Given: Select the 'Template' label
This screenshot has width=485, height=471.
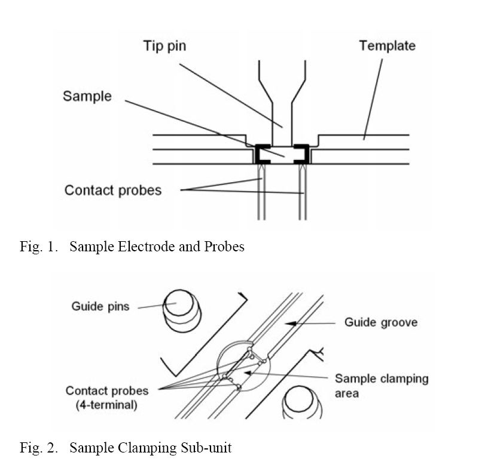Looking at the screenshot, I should [387, 45].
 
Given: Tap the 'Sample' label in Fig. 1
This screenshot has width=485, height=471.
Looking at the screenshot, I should [87, 96].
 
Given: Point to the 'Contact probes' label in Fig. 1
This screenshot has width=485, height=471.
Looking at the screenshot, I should [113, 190].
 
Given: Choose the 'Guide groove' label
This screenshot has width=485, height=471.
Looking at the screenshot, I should [380, 322].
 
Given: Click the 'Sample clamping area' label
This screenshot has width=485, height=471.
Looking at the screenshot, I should [381, 386].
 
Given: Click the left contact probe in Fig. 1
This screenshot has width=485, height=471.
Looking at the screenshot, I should [261, 197].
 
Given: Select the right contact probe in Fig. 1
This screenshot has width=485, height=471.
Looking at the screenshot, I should [302, 197].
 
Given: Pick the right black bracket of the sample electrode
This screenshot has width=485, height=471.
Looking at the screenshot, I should [305, 153].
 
